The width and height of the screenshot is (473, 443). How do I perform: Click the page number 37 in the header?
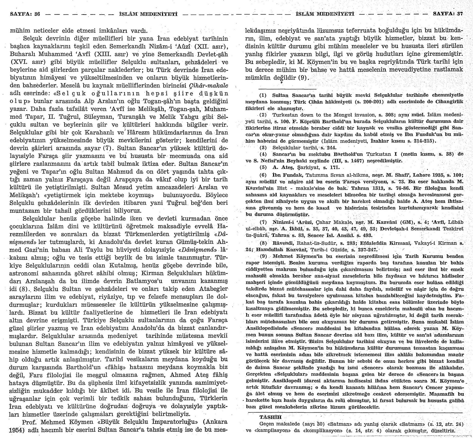[x=460, y=14]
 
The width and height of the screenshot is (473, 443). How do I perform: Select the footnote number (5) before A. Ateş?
[x=263, y=167]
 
